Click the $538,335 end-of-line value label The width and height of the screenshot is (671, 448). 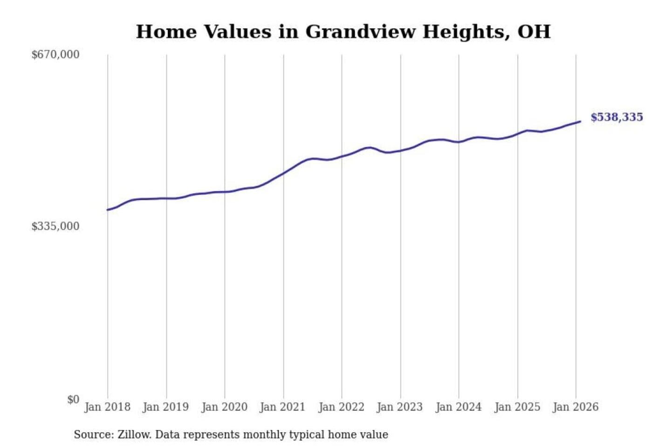[x=616, y=117]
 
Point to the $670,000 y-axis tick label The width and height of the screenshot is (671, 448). [x=55, y=55]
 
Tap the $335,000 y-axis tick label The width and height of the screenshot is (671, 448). [x=55, y=226]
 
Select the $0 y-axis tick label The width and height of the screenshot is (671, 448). [x=73, y=399]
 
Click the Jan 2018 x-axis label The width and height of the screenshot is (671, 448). [x=107, y=407]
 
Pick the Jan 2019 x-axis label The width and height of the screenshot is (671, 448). [x=165, y=407]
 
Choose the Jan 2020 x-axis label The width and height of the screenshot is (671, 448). [x=224, y=407]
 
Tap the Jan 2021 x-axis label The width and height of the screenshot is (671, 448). [x=282, y=407]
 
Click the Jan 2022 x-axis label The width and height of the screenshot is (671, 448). [x=341, y=407]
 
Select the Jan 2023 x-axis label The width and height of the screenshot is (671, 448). [x=399, y=407]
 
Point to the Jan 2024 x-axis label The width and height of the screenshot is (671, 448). [x=458, y=407]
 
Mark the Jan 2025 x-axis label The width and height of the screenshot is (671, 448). [x=517, y=407]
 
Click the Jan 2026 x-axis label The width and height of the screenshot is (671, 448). [x=575, y=407]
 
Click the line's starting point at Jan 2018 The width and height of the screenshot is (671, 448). [x=108, y=210]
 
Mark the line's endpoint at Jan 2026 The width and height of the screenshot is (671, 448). [x=580, y=121]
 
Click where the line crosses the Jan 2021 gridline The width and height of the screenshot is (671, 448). [x=283, y=173]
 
